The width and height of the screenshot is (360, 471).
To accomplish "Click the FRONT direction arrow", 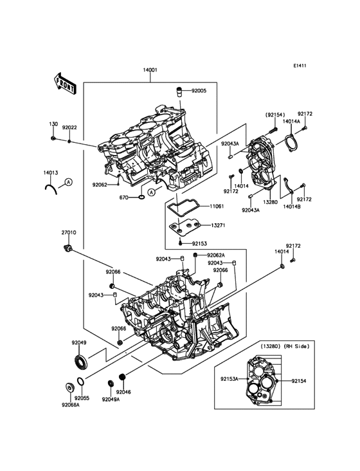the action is click(64, 84).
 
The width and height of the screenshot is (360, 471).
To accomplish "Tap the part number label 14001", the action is click(150, 70).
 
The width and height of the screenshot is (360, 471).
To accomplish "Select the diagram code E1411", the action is click(300, 66).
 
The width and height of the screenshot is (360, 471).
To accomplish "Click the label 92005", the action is click(199, 91).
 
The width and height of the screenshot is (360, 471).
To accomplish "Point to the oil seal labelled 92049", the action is click(81, 362).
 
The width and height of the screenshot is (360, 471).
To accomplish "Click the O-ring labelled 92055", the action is click(81, 382).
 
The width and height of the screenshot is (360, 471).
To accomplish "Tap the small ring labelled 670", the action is click(141, 198).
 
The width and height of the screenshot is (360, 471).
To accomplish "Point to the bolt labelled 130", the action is click(53, 138).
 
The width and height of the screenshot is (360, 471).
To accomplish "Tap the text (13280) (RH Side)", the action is click(284, 346).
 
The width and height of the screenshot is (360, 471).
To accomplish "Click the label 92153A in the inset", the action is click(230, 379).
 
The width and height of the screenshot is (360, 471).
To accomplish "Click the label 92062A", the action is click(216, 255).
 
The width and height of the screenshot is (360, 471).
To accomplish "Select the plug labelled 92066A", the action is click(69, 387).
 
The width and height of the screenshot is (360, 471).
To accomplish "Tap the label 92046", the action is click(123, 392).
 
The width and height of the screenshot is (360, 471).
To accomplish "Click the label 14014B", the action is click(292, 207).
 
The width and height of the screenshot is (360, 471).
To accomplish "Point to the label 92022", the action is click(69, 127).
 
